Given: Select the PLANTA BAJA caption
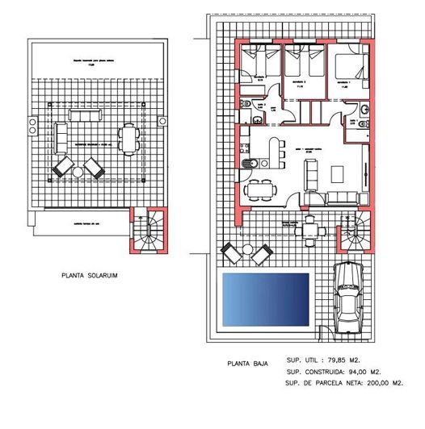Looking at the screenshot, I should (247, 364).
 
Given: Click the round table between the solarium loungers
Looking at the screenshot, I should (78, 171).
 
